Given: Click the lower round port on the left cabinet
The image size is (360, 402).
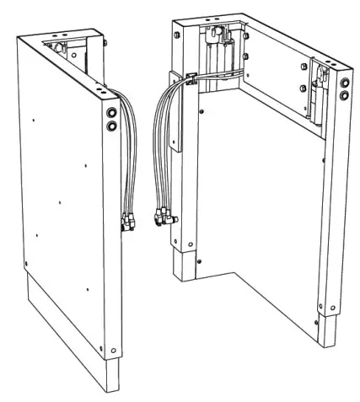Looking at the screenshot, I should coord(112,126).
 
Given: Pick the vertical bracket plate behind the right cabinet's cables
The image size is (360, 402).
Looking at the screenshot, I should coord(175,118).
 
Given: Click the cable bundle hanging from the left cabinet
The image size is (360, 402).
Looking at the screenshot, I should coord(123,160).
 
